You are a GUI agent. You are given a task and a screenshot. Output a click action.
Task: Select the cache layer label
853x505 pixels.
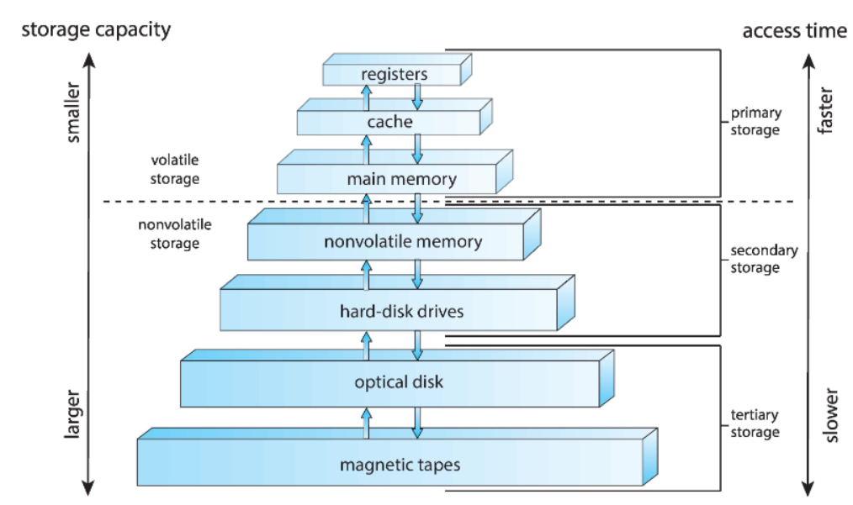[389, 122]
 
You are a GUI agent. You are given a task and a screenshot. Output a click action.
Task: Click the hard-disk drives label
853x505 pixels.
[401, 312]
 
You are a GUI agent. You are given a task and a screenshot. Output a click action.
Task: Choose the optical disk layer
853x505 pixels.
[397, 378]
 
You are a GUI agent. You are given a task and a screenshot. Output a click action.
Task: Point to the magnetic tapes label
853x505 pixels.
[400, 465]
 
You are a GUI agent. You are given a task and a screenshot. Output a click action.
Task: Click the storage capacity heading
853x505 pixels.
[96, 29]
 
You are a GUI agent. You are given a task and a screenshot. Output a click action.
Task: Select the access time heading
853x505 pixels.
[794, 31]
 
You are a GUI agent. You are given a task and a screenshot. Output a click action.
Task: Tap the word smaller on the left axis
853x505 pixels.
[72, 113]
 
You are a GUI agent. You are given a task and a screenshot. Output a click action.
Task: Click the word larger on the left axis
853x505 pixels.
[72, 413]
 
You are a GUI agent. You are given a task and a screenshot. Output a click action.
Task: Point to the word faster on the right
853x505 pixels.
[824, 110]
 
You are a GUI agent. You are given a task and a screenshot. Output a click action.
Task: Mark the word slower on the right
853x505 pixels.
[830, 415]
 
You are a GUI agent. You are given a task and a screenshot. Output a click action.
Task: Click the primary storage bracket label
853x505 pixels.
[755, 121]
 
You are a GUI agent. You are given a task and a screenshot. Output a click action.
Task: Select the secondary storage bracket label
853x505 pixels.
[764, 259]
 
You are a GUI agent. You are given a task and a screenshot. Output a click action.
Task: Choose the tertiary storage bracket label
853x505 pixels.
[755, 423]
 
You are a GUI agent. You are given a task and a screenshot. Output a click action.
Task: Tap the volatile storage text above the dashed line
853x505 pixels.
[175, 170]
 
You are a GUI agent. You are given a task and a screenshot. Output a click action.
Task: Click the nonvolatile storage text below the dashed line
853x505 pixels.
[175, 234]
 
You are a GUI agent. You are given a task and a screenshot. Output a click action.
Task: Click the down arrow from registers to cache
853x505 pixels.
[417, 97]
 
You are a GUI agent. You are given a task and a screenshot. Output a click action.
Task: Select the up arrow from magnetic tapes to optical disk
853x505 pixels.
[366, 423]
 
